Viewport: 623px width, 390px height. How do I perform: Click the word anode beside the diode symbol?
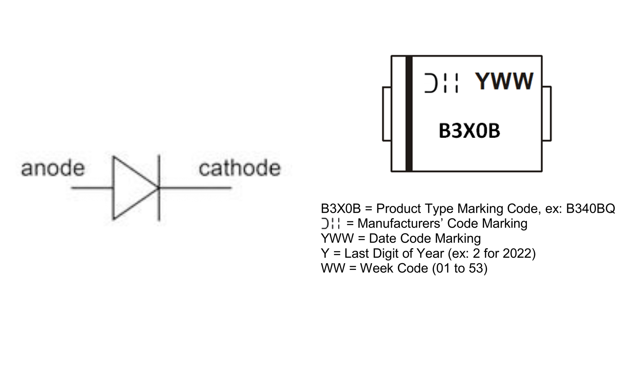tap(52, 168)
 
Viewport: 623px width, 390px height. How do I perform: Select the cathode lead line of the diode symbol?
tap(196, 187)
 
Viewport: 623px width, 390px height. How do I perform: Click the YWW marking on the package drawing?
tap(504, 81)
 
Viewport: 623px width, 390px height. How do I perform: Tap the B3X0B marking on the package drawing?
tap(469, 131)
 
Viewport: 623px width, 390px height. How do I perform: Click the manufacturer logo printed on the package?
tap(441, 83)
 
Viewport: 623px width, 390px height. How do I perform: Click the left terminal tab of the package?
tap(386, 114)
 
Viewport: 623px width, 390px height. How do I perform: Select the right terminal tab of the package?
tap(547, 114)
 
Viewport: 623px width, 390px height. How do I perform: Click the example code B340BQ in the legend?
tap(590, 209)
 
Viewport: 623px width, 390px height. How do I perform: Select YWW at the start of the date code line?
tap(337, 239)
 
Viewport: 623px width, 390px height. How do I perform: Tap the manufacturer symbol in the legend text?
tap(331, 224)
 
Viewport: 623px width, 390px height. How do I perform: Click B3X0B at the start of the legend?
tap(341, 209)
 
